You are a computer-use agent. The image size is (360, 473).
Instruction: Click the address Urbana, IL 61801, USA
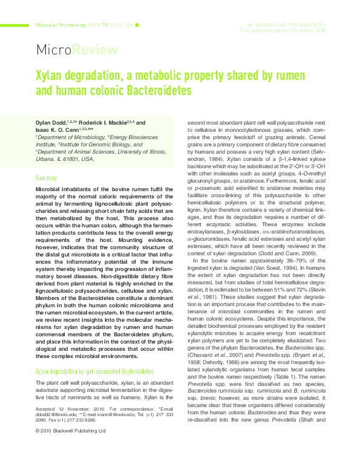65,159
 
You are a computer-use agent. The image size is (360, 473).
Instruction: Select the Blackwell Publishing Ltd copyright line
70,465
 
